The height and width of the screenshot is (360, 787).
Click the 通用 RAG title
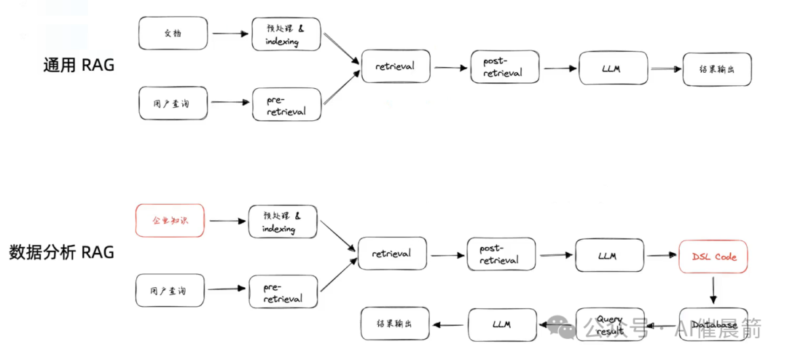click(x=79, y=66)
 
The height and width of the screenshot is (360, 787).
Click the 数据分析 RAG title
click(x=61, y=252)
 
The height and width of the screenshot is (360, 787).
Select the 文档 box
click(x=173, y=34)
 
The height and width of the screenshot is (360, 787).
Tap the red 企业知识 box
click(x=170, y=220)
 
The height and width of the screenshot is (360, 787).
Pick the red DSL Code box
click(x=714, y=257)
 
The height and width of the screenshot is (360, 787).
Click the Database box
click(x=714, y=324)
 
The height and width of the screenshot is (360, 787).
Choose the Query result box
click(x=610, y=325)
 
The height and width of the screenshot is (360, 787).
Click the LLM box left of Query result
click(x=501, y=324)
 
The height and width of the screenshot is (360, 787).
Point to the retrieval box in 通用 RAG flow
click(x=395, y=66)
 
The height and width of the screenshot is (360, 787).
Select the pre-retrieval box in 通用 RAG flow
click(x=286, y=104)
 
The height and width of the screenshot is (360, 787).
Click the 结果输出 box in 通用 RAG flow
click(x=716, y=69)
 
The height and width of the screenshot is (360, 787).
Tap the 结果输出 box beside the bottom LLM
click(x=396, y=324)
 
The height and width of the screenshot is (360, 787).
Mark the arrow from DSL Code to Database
click(x=713, y=290)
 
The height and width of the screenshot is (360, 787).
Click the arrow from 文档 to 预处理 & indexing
click(x=229, y=34)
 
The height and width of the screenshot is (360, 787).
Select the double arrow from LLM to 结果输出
click(x=664, y=69)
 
